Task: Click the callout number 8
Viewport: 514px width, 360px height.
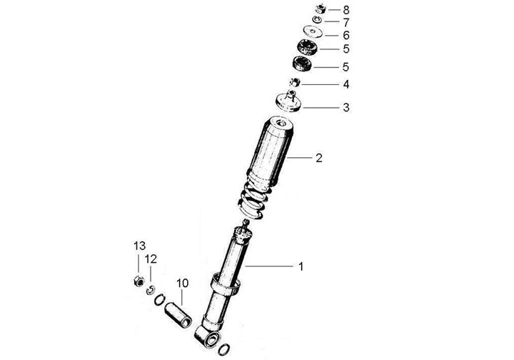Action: tap(346, 10)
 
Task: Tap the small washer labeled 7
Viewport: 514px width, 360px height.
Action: tap(317, 20)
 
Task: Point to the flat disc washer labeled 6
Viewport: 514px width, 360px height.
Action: tap(313, 32)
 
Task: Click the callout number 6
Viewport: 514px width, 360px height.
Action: tap(346, 35)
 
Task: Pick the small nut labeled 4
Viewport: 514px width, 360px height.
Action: tap(295, 82)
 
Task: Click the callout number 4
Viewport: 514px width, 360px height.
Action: tap(346, 84)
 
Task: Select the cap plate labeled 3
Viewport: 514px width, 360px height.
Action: tap(288, 102)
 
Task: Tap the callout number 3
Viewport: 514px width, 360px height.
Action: tap(346, 108)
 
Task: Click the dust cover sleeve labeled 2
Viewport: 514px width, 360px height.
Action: tap(270, 154)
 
